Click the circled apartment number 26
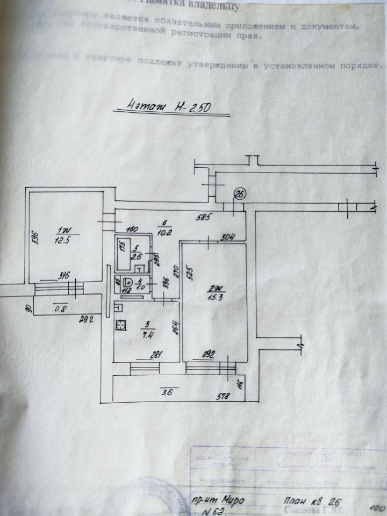pyautogui.click(x=239, y=193)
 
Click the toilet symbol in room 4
pyautogui.click(x=128, y=281)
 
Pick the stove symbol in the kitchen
pyautogui.click(x=121, y=324)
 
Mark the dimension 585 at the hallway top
pyautogui.click(x=202, y=218)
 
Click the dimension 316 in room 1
pyautogui.click(x=64, y=276)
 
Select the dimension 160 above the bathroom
pyautogui.click(x=133, y=227)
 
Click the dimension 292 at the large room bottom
pyautogui.click(x=209, y=355)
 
